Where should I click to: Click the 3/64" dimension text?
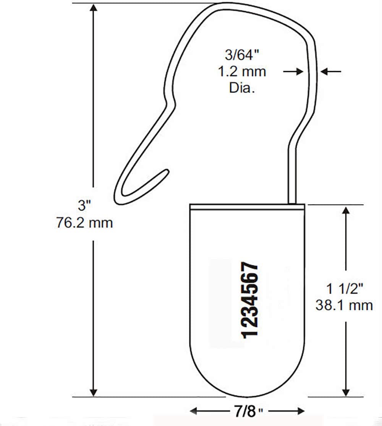[242, 55]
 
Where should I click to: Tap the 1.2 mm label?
[242, 72]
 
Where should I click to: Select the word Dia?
[242, 88]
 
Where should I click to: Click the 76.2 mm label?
[84, 223]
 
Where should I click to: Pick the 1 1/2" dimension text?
[344, 288]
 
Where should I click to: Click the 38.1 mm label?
[344, 305]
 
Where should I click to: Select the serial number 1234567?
[249, 300]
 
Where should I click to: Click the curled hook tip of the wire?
[166, 172]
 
